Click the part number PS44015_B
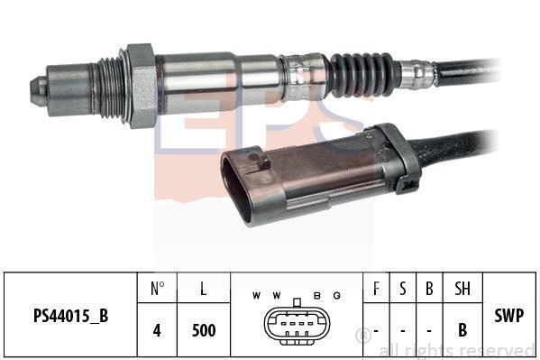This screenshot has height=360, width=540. [70, 316]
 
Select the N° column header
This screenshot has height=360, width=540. [158, 289]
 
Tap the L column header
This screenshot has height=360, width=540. [204, 289]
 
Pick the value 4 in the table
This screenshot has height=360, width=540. [157, 330]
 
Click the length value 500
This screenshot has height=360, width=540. [204, 330]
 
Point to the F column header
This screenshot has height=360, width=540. [377, 289]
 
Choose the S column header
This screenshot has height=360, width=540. [403, 289]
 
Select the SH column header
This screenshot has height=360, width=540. [462, 289]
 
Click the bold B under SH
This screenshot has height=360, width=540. [462, 330]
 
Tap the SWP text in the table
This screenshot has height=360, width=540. [509, 315]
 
